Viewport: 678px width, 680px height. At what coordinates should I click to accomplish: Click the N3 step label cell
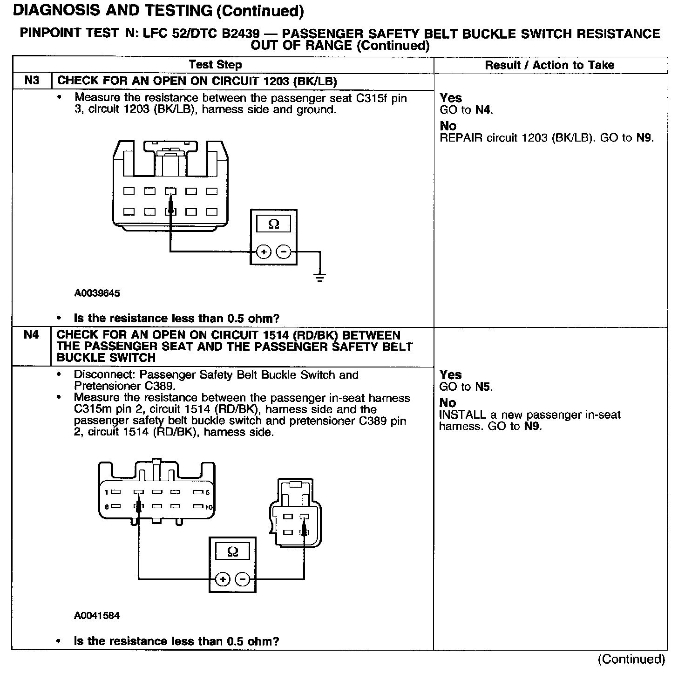[x=31, y=81]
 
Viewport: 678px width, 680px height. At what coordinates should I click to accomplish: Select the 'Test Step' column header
[x=215, y=65]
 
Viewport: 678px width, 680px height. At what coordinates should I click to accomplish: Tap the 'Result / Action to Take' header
[x=549, y=65]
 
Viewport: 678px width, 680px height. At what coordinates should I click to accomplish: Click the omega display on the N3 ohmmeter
[x=274, y=224]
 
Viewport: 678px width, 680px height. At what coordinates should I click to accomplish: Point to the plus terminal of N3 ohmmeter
[x=264, y=252]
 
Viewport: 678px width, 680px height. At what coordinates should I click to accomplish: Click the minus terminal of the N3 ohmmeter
[x=284, y=252]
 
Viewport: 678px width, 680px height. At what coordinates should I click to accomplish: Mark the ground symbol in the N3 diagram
[x=320, y=278]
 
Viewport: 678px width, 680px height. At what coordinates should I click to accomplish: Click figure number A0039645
[x=97, y=293]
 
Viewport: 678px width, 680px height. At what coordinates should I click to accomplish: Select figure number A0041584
[x=97, y=615]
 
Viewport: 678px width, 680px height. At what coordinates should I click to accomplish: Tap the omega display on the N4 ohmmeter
[x=232, y=552]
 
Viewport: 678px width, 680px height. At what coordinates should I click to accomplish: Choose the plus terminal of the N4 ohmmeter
[x=223, y=579]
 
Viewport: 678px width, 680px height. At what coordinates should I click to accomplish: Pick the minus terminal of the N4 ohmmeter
[x=243, y=579]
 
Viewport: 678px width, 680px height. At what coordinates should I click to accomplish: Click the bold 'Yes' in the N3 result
[x=451, y=98]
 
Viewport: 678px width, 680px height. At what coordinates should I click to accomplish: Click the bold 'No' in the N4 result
[x=447, y=403]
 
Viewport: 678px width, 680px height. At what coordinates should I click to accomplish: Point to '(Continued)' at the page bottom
[x=631, y=659]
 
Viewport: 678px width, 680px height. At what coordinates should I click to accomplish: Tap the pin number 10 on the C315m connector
[x=209, y=507]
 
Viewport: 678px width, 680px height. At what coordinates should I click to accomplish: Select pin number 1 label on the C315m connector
[x=107, y=492]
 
